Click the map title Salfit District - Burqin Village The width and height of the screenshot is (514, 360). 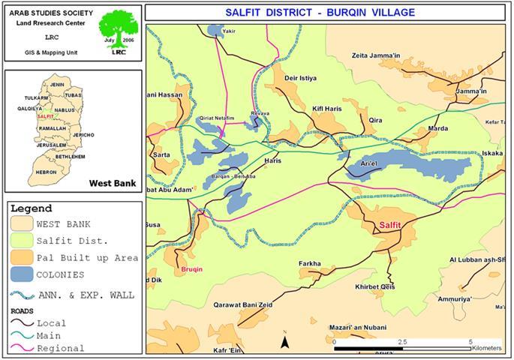(327, 13)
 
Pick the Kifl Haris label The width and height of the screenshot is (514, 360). (327, 109)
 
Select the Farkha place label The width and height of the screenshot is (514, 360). (310, 264)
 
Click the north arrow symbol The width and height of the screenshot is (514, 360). (285, 341)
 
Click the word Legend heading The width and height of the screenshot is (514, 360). (32, 208)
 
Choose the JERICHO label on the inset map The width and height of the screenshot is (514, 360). (83, 134)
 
